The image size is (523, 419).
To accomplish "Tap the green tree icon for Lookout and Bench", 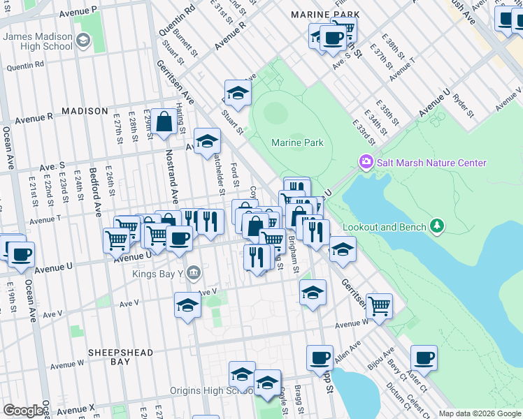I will point(437,226).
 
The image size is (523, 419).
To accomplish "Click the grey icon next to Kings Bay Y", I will point(194,272).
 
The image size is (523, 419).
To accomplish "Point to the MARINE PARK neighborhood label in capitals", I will point(325,15).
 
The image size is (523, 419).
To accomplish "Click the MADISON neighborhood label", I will point(85,111).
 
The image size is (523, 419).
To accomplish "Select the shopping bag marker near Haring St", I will point(164,122).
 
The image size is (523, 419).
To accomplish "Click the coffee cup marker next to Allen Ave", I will point(320,358).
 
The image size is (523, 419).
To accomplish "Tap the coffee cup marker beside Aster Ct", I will point(423,358).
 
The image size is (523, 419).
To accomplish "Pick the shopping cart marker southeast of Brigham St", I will point(379,305).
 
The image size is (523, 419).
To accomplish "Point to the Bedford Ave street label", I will point(97,188).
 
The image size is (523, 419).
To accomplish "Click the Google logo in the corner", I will point(22,410).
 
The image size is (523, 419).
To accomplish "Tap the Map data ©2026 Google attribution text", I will point(479,413).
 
